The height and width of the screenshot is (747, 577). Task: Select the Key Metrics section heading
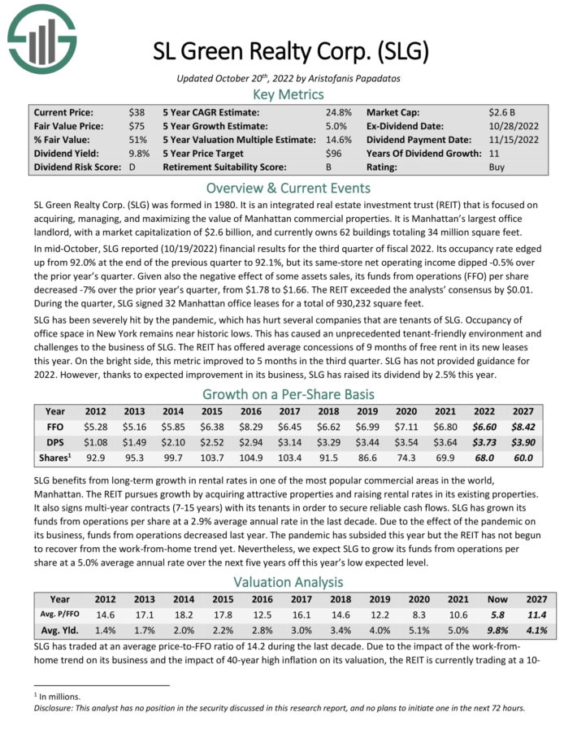[x=288, y=94]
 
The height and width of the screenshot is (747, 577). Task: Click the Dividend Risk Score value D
[x=132, y=167]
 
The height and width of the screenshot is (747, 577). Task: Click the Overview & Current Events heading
[x=288, y=187]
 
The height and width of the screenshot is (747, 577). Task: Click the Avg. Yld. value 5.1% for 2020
[x=403, y=629]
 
